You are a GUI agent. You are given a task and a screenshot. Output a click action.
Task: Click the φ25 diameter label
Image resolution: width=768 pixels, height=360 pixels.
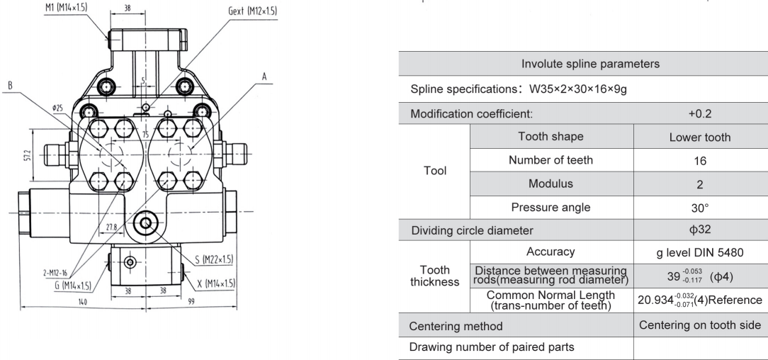point(56,108)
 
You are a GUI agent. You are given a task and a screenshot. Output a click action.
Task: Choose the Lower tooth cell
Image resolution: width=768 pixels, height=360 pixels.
point(699,137)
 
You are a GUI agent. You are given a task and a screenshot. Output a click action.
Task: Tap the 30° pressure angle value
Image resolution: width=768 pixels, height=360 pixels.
point(699,208)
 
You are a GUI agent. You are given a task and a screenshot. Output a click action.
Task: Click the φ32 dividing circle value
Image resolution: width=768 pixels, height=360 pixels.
point(699,231)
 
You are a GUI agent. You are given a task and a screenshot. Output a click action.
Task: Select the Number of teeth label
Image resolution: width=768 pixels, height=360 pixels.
point(550,160)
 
